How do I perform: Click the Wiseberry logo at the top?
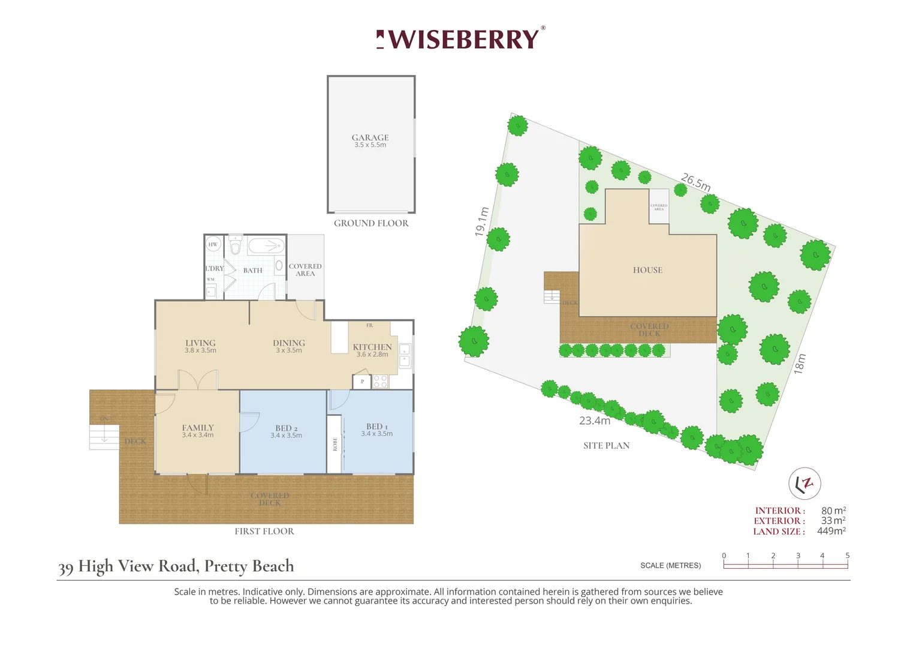pyautogui.click(x=460, y=39)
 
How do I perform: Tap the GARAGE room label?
pyautogui.click(x=370, y=138)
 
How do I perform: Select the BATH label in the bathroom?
pyautogui.click(x=252, y=271)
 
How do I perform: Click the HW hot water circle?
pyautogui.click(x=213, y=244)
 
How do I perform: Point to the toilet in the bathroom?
pyautogui.click(x=236, y=246)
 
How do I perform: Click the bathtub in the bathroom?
pyautogui.click(x=266, y=245)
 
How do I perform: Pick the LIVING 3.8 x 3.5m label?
pyautogui.click(x=200, y=346)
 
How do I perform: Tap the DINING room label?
pyautogui.click(x=289, y=343)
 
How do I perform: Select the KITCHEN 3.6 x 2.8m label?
pyautogui.click(x=372, y=350)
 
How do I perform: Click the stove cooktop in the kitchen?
pyautogui.click(x=381, y=381)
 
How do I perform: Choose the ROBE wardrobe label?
pyautogui.click(x=335, y=444)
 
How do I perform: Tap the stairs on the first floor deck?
pyautogui.click(x=104, y=436)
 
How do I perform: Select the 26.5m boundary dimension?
pyautogui.click(x=695, y=182)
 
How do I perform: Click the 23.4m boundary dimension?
pyautogui.click(x=595, y=421)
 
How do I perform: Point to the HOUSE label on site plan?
pyautogui.click(x=647, y=270)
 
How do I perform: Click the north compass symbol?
pyautogui.click(x=804, y=483)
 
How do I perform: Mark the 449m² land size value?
pyautogui.click(x=831, y=531)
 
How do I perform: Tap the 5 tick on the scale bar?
pyautogui.click(x=847, y=556)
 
